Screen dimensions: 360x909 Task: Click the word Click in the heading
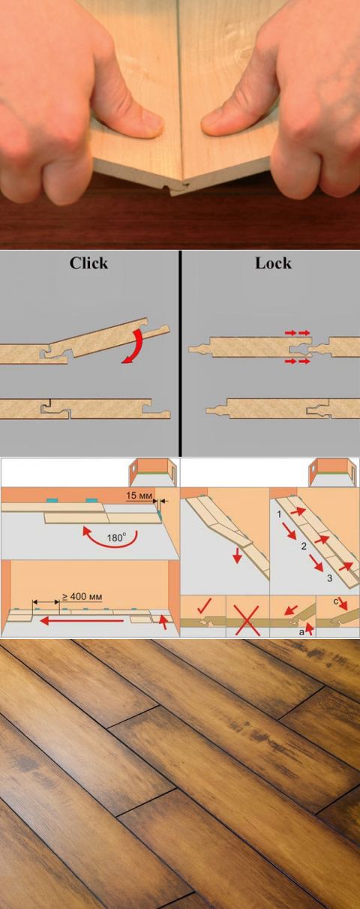88,263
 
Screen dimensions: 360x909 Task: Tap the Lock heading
273,263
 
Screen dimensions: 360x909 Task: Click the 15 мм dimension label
139,495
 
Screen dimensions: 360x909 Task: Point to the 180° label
116,537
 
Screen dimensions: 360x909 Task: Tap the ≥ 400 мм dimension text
82,596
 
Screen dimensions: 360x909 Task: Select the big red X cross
247,619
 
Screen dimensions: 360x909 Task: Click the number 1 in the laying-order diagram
279,514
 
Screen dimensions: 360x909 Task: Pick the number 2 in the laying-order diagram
304,546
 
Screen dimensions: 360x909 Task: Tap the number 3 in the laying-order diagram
329,577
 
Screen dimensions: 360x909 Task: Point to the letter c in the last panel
336,601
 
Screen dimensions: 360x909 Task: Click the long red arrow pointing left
81,620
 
